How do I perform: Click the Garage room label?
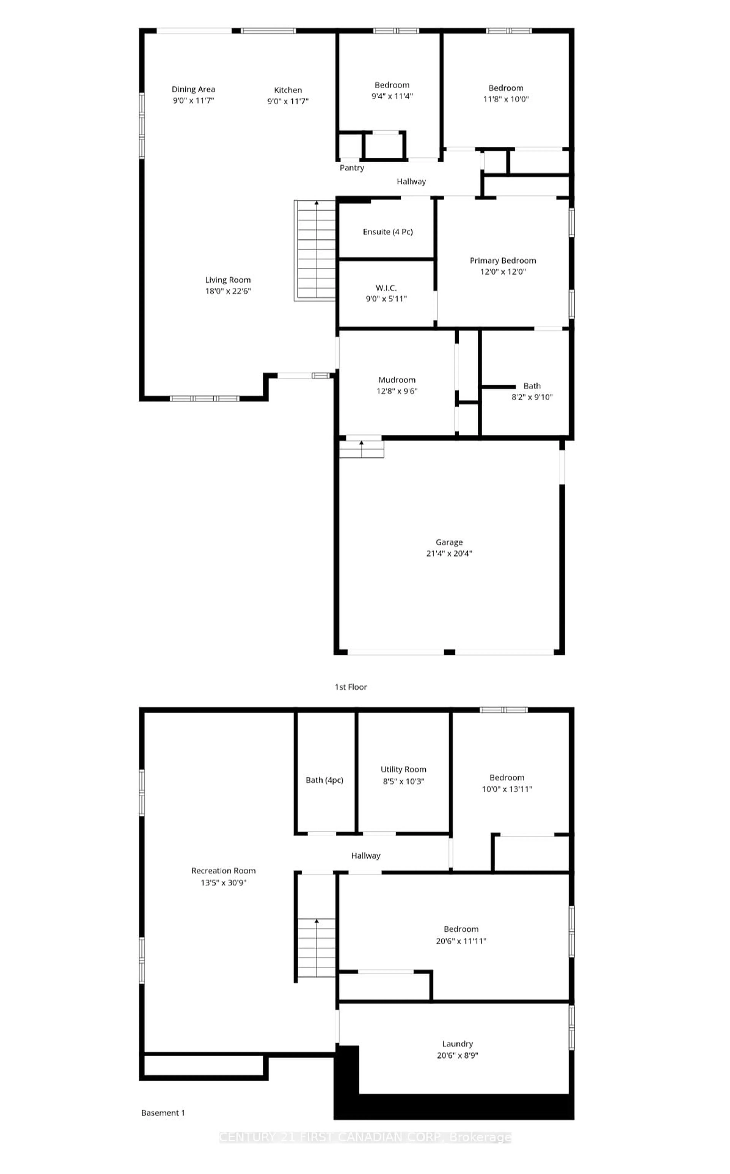(449, 542)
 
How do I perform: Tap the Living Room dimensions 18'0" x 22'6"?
(228, 291)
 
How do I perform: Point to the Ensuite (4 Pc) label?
(388, 232)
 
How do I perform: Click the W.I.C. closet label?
(386, 288)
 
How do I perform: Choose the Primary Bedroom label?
(503, 260)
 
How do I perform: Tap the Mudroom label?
(397, 380)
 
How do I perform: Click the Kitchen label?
(288, 90)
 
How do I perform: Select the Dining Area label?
(193, 89)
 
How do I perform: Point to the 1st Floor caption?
(351, 687)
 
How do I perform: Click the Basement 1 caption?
(163, 1113)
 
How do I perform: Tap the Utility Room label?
(403, 769)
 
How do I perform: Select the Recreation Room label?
(223, 871)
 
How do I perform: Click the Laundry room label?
(457, 1043)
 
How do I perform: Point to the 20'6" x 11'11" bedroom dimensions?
(461, 941)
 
